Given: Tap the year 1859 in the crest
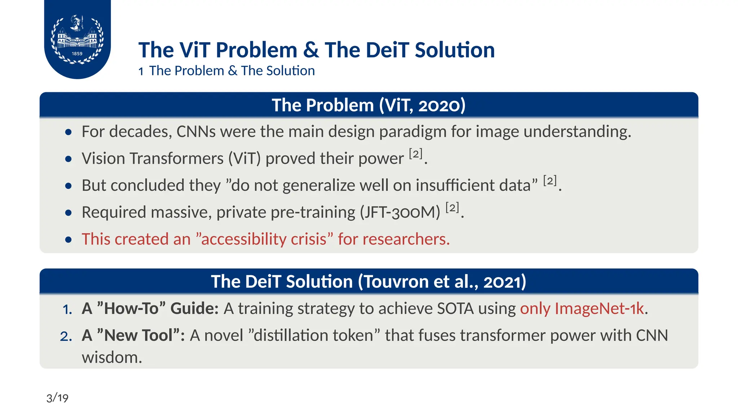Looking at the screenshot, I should pyautogui.click(x=77, y=54).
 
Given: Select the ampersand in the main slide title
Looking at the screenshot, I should pyautogui.click(x=311, y=50).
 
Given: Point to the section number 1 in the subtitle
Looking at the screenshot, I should pyautogui.click(x=141, y=71).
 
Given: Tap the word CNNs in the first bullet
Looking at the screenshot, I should pyautogui.click(x=196, y=131).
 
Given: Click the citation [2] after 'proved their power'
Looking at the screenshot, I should pyautogui.click(x=415, y=154).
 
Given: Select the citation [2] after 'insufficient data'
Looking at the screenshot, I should pyautogui.click(x=550, y=181).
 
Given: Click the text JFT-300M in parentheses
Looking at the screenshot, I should pyautogui.click(x=400, y=212).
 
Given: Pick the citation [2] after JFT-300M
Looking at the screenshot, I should pyautogui.click(x=452, y=208).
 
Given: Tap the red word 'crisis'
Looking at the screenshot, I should pyautogui.click(x=308, y=239).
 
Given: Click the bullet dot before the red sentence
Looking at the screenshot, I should pyautogui.click(x=68, y=240).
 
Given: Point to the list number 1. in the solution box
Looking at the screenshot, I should pyautogui.click(x=67, y=309).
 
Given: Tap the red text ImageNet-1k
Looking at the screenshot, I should pyautogui.click(x=599, y=308).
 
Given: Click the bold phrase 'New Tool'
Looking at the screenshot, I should pyautogui.click(x=138, y=335).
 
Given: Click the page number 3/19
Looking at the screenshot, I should pyautogui.click(x=57, y=398).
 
